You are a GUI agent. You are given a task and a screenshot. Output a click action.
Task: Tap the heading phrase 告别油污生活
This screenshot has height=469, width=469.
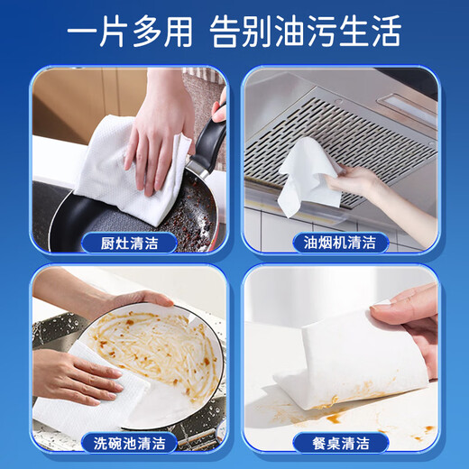point(305,33)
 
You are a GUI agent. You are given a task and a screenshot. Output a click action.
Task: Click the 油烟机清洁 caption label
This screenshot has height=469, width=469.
point(341,242)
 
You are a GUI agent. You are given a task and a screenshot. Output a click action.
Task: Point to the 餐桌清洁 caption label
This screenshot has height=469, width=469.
point(341,442)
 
